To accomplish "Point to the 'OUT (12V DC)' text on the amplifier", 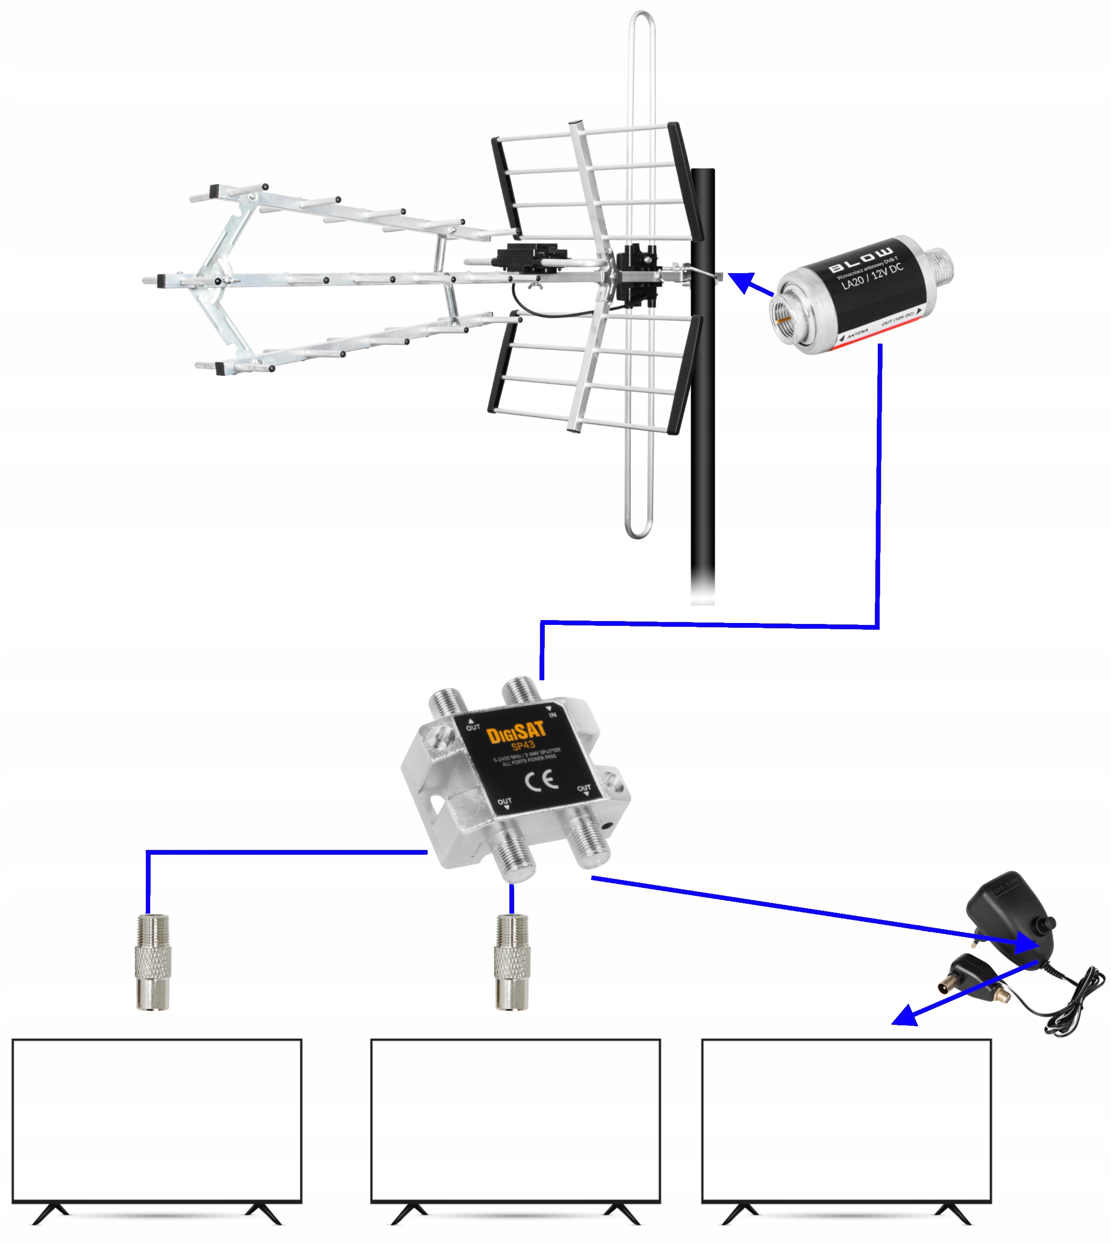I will [x=897, y=318].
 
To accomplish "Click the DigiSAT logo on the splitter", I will [x=516, y=732].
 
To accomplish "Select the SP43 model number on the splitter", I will [x=523, y=746].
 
